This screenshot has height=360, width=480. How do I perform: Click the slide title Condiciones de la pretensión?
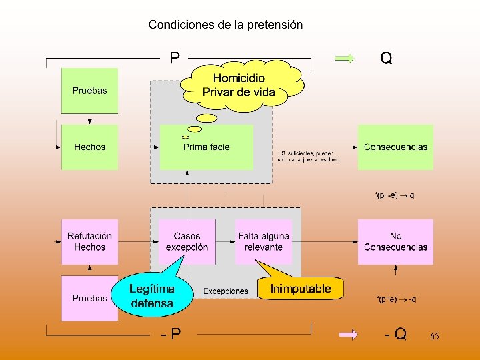pyautogui.click(x=225, y=25)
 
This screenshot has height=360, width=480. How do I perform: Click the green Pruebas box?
pyautogui.click(x=89, y=91)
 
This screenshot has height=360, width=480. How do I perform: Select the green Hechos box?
pyautogui.click(x=89, y=147)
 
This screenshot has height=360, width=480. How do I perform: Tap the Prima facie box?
pyautogui.click(x=206, y=147)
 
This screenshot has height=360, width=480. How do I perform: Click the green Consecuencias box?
pyautogui.click(x=395, y=147)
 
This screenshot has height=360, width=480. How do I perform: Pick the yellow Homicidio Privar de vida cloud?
pyautogui.click(x=239, y=85)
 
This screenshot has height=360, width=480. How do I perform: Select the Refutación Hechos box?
pyautogui.click(x=89, y=241)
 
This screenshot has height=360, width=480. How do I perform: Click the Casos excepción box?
pyautogui.click(x=187, y=241)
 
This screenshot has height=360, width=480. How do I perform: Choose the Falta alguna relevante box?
pyautogui.click(x=263, y=241)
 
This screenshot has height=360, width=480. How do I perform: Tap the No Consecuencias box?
pyautogui.click(x=395, y=241)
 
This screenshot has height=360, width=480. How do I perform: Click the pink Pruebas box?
pyautogui.click(x=89, y=298)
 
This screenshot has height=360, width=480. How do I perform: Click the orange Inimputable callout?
pyautogui.click(x=301, y=289)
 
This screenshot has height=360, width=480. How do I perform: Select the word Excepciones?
pyautogui.click(x=225, y=291)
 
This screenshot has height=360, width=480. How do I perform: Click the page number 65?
pyautogui.click(x=434, y=337)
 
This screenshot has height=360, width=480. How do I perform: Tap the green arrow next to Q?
pyautogui.click(x=345, y=59)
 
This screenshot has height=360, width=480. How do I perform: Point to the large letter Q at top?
pyautogui.click(x=386, y=59)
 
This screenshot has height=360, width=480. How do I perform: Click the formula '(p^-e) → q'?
pyautogui.click(x=395, y=195)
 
